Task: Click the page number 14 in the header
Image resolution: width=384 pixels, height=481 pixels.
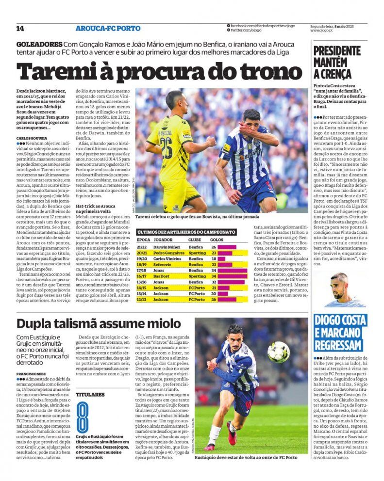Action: pyautogui.click(x=20, y=29)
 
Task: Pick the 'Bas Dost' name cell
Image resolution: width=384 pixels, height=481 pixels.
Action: pyautogui.click(x=162, y=276)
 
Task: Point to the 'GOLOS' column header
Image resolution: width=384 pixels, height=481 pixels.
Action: pyautogui.click(x=217, y=240)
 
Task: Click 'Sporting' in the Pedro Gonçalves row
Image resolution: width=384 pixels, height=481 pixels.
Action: pyautogui.click(x=196, y=253)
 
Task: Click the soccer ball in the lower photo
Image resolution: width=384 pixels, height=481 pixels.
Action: pyautogui.click(x=278, y=352)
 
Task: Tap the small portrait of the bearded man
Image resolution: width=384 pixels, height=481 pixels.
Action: pyautogui.click(x=339, y=289)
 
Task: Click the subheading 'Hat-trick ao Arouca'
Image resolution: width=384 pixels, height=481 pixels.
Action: pyautogui.click(x=95, y=206)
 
